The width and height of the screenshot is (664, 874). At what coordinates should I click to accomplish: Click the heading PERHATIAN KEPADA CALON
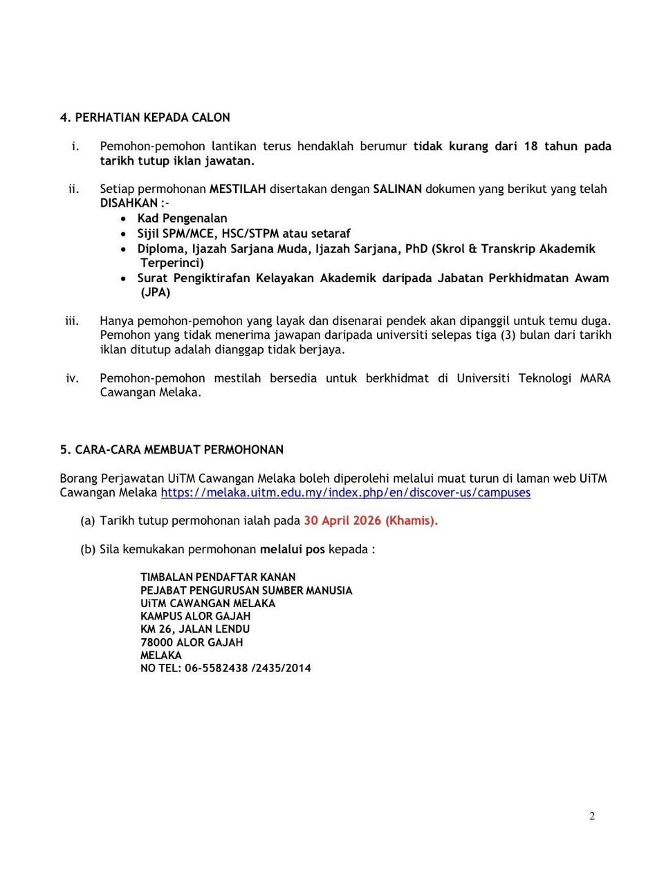click(152, 118)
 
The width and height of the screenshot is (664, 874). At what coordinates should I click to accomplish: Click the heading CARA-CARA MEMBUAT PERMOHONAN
click(179, 449)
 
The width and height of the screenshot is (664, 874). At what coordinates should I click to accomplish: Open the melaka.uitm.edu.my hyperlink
click(345, 492)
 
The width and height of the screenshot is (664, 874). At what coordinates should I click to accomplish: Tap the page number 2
click(592, 816)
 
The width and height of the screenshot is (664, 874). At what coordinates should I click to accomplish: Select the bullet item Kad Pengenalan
click(182, 218)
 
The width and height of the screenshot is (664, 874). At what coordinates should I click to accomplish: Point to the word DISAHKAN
click(129, 203)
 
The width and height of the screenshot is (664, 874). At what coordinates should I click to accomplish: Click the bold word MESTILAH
click(237, 189)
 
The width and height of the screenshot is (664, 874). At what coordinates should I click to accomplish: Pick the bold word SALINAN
click(397, 189)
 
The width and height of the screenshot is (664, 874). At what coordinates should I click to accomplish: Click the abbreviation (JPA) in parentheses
click(156, 292)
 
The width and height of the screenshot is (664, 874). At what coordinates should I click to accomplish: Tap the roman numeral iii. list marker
click(71, 321)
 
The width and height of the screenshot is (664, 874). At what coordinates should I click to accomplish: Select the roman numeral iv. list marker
click(72, 378)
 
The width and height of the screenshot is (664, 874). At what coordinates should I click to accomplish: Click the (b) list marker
click(88, 549)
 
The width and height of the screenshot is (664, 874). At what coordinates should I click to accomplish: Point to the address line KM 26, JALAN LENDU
click(195, 629)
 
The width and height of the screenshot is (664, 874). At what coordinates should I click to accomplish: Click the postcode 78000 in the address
click(156, 642)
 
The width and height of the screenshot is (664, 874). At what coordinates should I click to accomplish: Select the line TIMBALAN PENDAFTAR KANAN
click(218, 577)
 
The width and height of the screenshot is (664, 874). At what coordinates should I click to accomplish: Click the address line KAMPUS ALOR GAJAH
click(195, 616)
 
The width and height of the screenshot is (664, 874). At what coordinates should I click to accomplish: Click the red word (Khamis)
click(412, 521)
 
